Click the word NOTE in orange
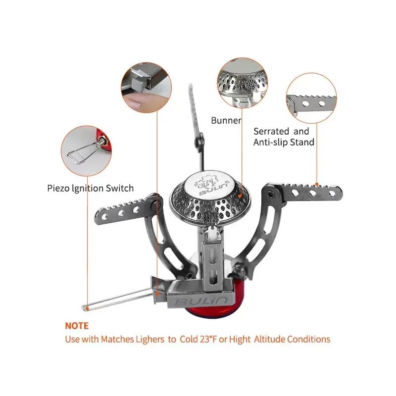[x=77, y=326]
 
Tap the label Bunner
[x=226, y=120]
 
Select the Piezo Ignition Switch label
[x=91, y=189]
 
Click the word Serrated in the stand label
[x=271, y=131]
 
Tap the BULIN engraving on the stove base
[x=201, y=301]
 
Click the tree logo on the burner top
[x=207, y=181]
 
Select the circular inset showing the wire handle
[x=86, y=151]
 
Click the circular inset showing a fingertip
[x=147, y=88]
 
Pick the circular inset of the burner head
[x=242, y=83]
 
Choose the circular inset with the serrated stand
[x=311, y=98]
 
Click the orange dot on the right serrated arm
[x=317, y=185]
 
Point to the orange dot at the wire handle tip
[x=87, y=308]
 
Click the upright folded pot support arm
[x=197, y=126]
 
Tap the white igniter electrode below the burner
[x=212, y=234]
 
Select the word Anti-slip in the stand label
[x=270, y=143]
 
